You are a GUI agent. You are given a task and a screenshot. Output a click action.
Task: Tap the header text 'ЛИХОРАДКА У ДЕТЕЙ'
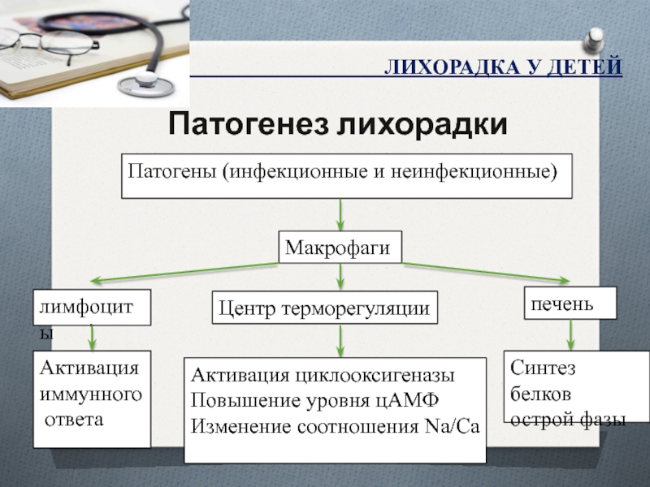coord(503,66)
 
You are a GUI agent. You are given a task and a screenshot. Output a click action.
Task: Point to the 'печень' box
coord(570,303)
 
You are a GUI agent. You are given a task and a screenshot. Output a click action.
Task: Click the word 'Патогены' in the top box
coord(172,172)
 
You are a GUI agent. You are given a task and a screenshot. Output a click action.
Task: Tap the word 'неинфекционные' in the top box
coord(492,172)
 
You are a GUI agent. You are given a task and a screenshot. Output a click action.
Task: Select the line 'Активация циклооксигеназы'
coord(323,377)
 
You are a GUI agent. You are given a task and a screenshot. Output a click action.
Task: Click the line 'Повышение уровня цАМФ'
coord(314,401)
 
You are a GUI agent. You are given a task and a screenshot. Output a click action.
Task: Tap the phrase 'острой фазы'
coord(568,420)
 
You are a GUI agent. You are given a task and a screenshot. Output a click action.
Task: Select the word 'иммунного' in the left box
coord(90,394)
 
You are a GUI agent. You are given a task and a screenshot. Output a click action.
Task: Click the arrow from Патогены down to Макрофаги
coord(340,214)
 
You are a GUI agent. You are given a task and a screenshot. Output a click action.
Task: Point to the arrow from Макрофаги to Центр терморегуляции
coord(340,276)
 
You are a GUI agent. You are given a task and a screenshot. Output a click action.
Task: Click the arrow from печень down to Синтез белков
coord(570,334)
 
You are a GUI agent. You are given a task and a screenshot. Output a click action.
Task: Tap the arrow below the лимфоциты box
coord(92,336)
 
